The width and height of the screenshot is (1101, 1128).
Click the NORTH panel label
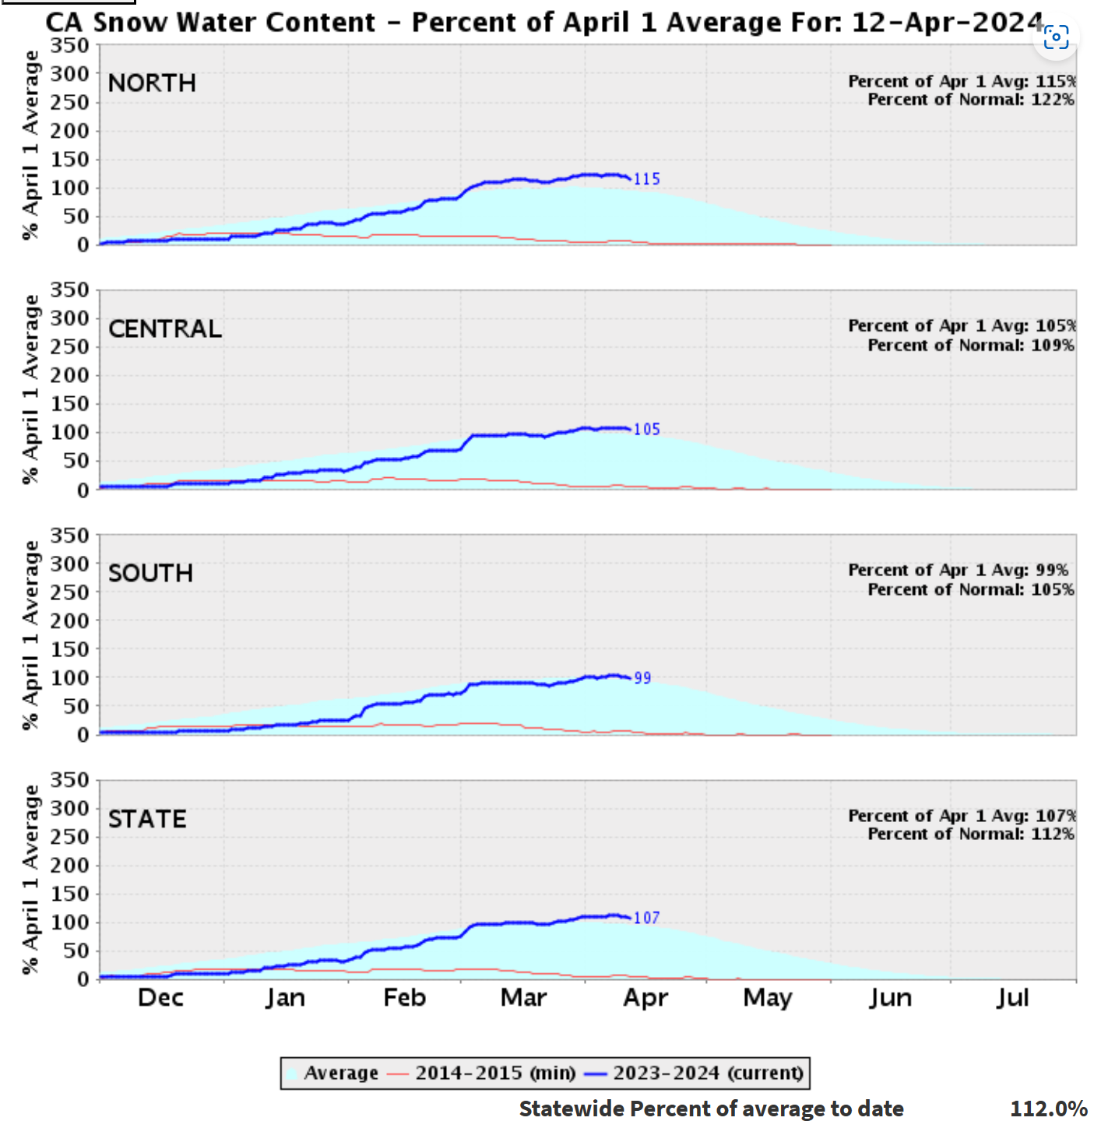pyautogui.click(x=152, y=83)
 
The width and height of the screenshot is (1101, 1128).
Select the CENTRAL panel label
pyautogui.click(x=165, y=329)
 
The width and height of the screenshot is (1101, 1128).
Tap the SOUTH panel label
pyautogui.click(x=150, y=574)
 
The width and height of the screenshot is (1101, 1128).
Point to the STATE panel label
pyautogui.click(x=147, y=819)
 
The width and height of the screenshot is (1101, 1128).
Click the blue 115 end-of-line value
pyautogui.click(x=647, y=179)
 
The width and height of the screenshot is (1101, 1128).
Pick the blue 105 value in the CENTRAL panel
pyautogui.click(x=647, y=430)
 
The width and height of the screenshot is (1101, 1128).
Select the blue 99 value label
pyautogui.click(x=642, y=678)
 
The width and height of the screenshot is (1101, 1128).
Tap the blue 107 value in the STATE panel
pyautogui.click(x=647, y=919)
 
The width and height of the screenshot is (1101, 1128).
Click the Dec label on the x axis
pyautogui.click(x=160, y=998)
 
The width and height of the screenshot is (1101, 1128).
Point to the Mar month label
pyautogui.click(x=523, y=998)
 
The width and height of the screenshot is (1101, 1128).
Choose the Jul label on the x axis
pyautogui.click(x=1012, y=998)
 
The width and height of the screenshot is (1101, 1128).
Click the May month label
pyautogui.click(x=768, y=998)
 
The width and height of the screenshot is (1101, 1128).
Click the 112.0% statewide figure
pyautogui.click(x=1048, y=1109)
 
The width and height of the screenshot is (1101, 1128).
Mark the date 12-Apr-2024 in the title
pyautogui.click(x=947, y=23)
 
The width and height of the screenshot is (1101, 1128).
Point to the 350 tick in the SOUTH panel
pyautogui.click(x=70, y=536)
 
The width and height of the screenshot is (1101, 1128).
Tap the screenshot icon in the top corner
pyautogui.click(x=1056, y=37)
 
